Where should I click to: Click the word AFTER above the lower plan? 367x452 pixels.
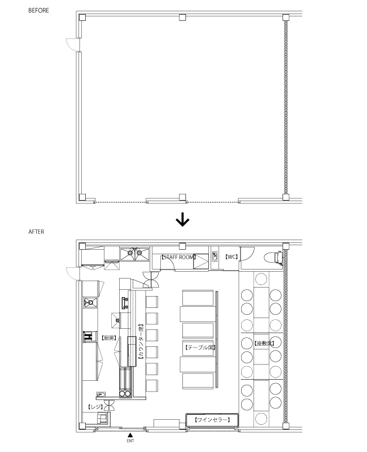(x=36, y=232)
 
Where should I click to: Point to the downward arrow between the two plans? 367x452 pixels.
(x=182, y=219)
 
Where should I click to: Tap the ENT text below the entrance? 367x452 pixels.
(x=130, y=440)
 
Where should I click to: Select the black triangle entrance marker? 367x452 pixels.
(x=130, y=434)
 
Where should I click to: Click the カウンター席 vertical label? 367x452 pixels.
(x=141, y=342)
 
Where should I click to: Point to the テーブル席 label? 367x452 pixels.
(x=199, y=346)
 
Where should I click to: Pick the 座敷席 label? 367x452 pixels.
(x=263, y=343)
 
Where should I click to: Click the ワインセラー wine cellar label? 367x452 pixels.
(x=211, y=420)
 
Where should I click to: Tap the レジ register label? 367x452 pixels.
(x=95, y=407)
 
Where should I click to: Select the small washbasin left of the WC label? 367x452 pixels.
(x=215, y=257)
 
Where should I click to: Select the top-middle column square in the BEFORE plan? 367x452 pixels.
(x=182, y=18)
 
